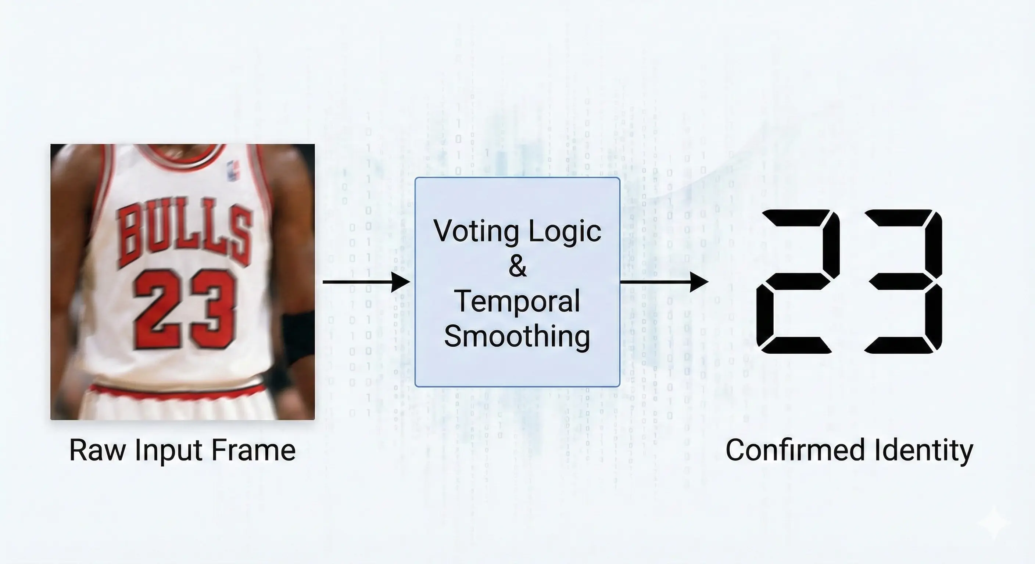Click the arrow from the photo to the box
click(366, 282)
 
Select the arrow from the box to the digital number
click(664, 282)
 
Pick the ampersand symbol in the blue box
click(517, 266)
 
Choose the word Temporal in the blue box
click(517, 301)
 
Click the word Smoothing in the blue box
click(517, 336)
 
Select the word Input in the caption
click(169, 452)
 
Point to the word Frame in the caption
click(254, 451)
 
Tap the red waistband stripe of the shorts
click(177, 391)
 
